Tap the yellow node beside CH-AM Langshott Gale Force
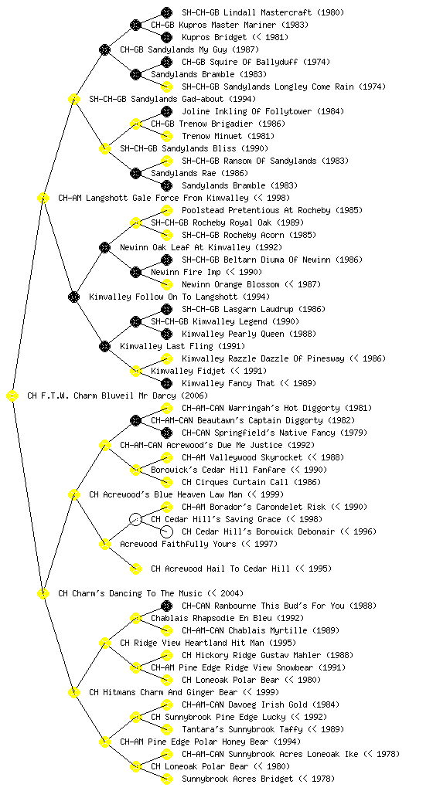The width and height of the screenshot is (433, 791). [x=43, y=198]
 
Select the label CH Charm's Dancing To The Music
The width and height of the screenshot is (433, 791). [x=130, y=593]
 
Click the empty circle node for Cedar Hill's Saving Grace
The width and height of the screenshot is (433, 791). [x=135, y=519]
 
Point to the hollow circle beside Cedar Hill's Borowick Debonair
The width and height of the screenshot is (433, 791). [x=166, y=531]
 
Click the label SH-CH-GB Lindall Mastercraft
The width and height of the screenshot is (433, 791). [x=247, y=12]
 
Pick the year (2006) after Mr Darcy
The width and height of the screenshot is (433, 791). [x=194, y=395]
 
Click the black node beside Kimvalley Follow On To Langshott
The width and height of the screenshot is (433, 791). [x=73, y=297]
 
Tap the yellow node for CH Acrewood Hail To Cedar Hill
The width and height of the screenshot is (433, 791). [x=135, y=569]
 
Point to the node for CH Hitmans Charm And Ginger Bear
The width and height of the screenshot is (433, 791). [x=73, y=692]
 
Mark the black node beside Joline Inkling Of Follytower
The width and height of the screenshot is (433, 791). [x=166, y=111]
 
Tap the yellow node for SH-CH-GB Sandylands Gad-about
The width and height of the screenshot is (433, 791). [x=73, y=99]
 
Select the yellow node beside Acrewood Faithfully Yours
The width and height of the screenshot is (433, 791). [x=104, y=544]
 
